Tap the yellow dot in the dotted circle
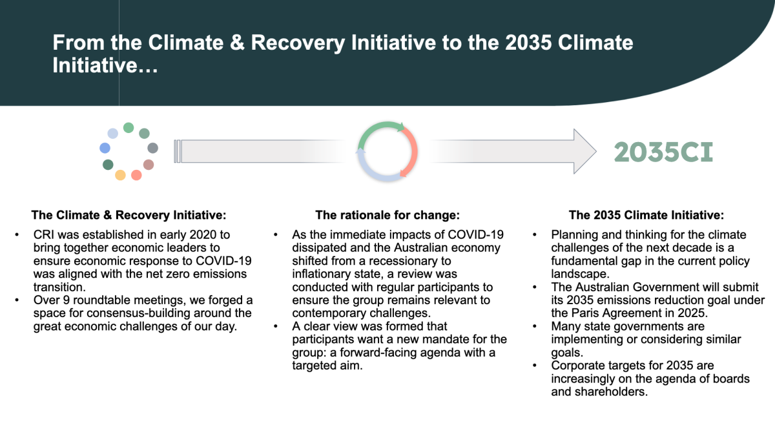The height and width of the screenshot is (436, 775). coord(120,175)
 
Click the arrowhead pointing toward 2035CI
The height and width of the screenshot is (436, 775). coord(584,151)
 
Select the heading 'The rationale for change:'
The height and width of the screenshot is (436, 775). coord(387,215)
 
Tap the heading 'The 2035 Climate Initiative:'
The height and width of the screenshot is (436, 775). coord(646,215)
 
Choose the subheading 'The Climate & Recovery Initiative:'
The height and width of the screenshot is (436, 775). coord(129,215)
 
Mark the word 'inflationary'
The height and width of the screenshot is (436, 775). coord(322,274)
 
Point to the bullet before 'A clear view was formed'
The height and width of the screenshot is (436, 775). coord(276,327)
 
